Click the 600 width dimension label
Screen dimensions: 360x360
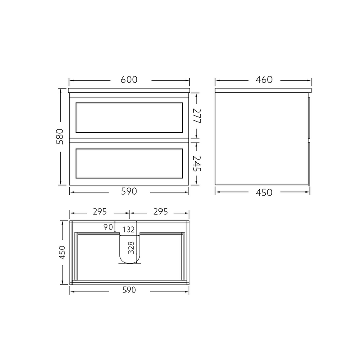129,80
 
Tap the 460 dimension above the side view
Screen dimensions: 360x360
264,80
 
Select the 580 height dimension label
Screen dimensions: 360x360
60,137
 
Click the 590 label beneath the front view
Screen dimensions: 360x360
129,192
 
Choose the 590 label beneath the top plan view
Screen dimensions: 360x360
129,291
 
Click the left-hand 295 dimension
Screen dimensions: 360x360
100,211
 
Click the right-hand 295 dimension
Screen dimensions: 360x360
160,211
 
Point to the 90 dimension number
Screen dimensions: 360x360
107,227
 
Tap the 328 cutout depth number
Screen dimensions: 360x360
131,248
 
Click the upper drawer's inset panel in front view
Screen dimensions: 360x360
129,118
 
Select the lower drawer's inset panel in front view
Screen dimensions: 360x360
129,163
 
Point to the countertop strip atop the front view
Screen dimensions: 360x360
129,91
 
